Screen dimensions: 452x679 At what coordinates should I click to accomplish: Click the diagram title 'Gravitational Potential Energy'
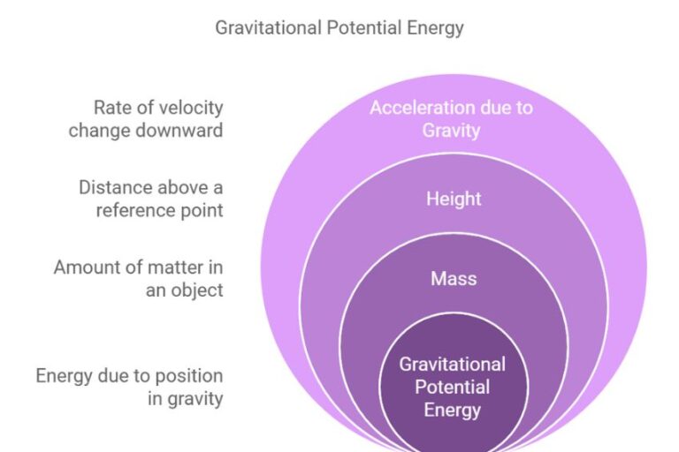339,27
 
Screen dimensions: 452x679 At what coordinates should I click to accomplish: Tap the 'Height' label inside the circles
454,199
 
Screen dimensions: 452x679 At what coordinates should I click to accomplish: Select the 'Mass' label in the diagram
454,279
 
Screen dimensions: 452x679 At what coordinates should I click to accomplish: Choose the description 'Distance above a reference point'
150,199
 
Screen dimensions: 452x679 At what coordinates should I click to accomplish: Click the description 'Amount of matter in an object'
138,278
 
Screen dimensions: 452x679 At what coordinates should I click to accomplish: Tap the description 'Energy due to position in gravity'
129,388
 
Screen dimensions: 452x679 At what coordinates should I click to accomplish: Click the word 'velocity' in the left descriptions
193,108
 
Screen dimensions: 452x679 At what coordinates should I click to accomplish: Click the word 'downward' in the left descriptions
183,131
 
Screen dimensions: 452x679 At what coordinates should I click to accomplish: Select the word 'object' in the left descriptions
195,290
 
